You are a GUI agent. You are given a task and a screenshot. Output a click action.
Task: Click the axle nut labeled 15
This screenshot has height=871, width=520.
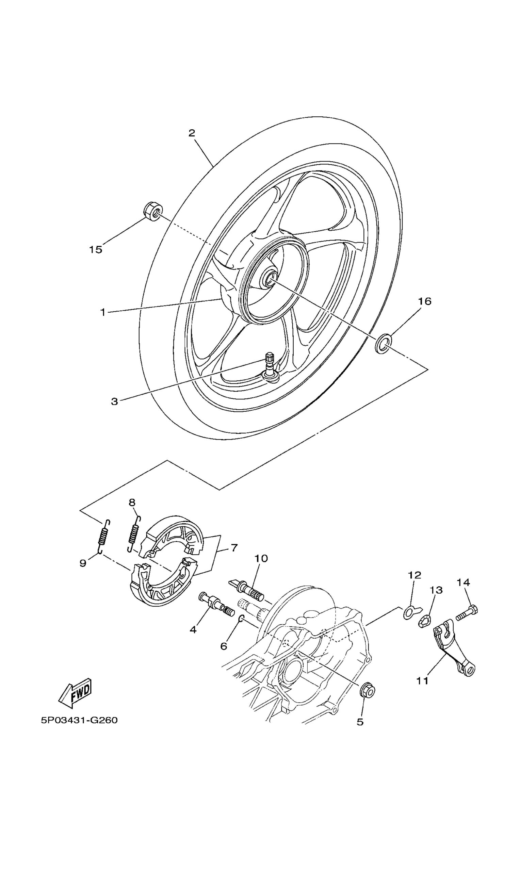coord(153,211)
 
